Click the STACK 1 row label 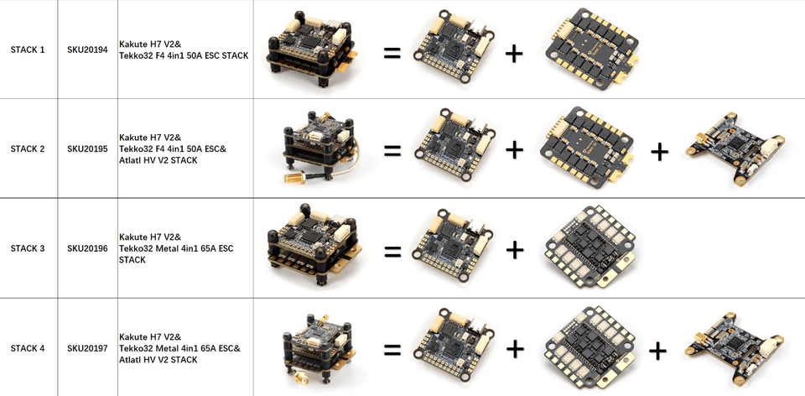tap(28, 50)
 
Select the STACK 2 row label tap(28, 149)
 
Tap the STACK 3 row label tap(28, 248)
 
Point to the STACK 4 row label tap(28, 348)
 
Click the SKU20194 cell tap(87, 50)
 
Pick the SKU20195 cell tap(87, 149)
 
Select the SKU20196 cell tap(87, 248)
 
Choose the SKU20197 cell tap(87, 348)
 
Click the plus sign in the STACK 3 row tap(514, 249)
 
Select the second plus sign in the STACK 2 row tap(659, 151)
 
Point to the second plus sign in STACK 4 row tap(657, 350)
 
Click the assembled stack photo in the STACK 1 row tap(311, 50)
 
